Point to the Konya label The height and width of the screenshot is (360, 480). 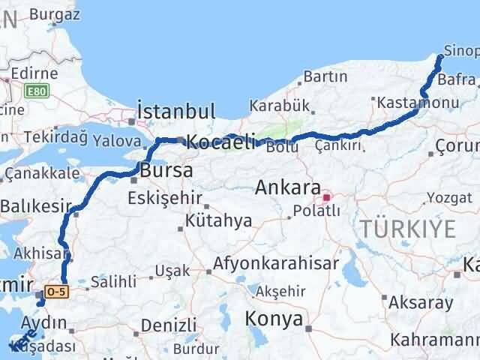point(274,319)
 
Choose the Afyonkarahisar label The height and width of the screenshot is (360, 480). point(276,264)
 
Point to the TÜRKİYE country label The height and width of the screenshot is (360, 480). point(406,229)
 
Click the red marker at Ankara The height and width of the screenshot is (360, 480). point(326,198)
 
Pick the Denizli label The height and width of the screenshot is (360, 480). point(168,325)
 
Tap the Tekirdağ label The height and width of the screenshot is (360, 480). point(55,137)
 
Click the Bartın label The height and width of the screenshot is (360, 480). point(325,76)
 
